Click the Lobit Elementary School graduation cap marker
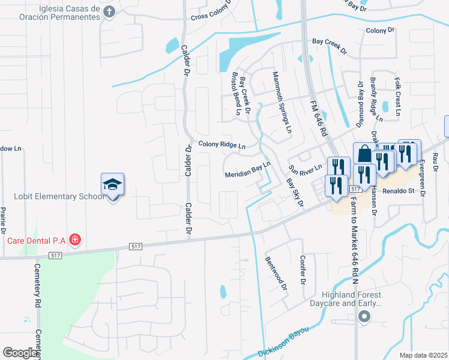coord(113,184)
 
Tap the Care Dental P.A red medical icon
coord(75,241)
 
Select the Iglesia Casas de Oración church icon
coord(109,11)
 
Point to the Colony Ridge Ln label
coord(222,145)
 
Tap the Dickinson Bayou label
coord(284,342)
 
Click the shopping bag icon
coord(364,154)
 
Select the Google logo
coord(20,353)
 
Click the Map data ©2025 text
coord(423,355)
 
